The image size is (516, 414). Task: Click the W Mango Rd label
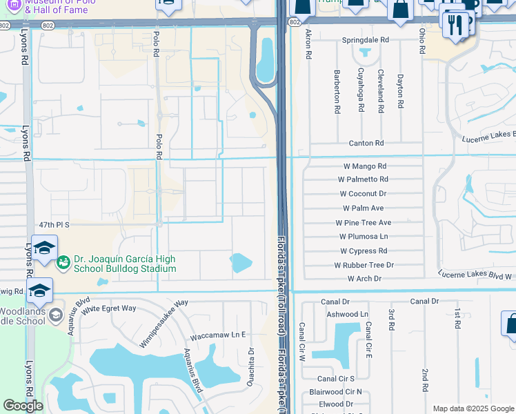pos(365,166)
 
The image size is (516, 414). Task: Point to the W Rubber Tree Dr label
pos(364,265)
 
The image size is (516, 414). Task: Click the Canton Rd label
pos(370,144)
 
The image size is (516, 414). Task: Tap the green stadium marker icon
pos(63,262)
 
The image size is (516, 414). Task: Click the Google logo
pos(23,406)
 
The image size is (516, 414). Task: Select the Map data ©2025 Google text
pos(473,408)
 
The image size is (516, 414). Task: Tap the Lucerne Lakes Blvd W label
pos(477,275)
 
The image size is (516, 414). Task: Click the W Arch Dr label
pos(364,279)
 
